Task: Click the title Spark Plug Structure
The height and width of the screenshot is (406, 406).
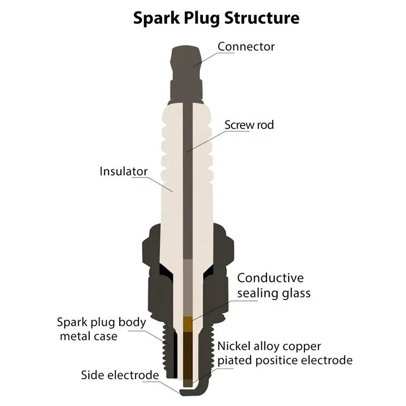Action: [x=216, y=18]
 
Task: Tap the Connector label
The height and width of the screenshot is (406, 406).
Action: [x=246, y=46]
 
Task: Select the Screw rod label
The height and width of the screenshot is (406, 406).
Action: [x=249, y=124]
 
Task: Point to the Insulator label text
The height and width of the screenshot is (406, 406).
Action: [x=123, y=171]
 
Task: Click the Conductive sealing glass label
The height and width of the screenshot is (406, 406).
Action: [x=274, y=285]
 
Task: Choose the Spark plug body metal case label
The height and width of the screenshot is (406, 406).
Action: [x=101, y=329]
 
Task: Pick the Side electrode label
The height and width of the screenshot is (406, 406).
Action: [x=120, y=375]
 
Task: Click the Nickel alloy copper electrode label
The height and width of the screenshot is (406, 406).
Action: [x=285, y=353]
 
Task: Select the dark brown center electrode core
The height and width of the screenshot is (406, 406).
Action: [x=188, y=355]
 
